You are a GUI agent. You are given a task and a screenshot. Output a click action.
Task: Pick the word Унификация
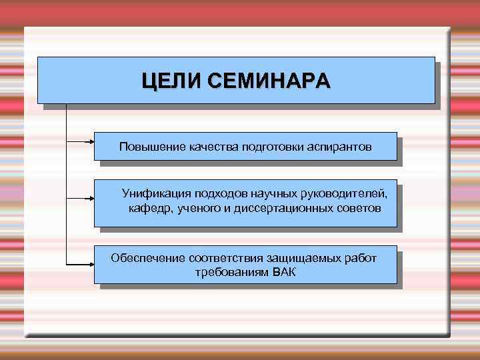point(156,194)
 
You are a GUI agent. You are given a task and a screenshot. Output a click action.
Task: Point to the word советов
point(361,209)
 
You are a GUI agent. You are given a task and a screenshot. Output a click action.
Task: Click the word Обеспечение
point(148,257)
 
